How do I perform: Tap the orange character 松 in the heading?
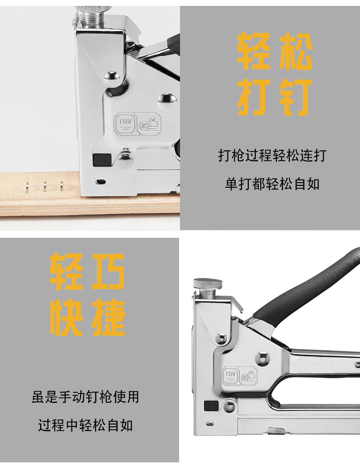click(294, 51)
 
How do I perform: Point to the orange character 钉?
click(294, 97)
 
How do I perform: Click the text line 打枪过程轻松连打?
click(272, 156)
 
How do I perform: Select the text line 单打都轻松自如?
click(272, 184)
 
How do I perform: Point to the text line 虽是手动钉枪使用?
click(85, 397)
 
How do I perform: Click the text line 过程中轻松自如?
click(85, 426)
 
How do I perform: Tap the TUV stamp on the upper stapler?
click(124, 123)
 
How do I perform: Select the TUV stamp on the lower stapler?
click(229, 375)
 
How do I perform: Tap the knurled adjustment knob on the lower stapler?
click(208, 284)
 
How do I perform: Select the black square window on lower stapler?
click(210, 405)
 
